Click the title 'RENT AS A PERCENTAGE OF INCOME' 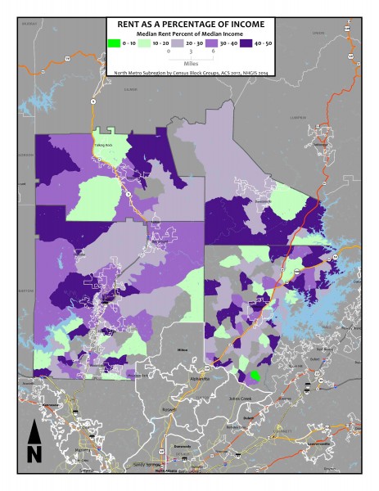coord(189,25)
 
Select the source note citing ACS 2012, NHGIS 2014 coord(189,71)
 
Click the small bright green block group coord(255,376)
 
